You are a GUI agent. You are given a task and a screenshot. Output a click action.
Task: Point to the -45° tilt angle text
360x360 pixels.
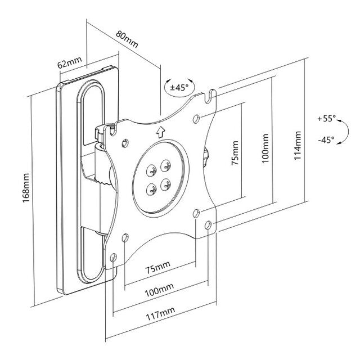point(326,138)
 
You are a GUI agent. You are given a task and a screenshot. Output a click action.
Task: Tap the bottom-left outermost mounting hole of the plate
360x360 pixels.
point(113,259)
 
